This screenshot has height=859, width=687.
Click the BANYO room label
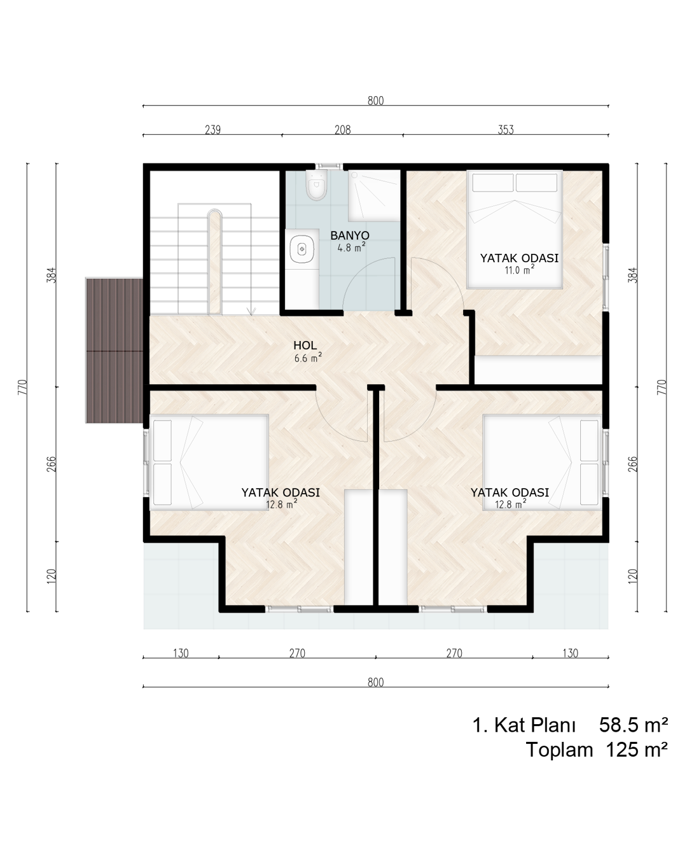tap(350, 235)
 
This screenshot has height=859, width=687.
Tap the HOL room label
tap(305, 346)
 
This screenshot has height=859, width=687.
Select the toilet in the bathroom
tap(317, 185)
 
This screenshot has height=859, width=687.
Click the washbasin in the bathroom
tap(302, 249)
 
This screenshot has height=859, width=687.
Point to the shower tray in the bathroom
tap(374, 195)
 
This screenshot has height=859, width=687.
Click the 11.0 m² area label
tap(519, 270)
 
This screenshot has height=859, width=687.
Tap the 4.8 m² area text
tap(351, 248)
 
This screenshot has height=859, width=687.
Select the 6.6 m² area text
tap(308, 358)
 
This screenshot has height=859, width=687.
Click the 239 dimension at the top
tap(212, 130)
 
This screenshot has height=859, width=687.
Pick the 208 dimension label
tap(342, 130)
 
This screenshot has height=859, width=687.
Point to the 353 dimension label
tap(505, 130)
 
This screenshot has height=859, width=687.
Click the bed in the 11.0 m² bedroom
tap(515, 230)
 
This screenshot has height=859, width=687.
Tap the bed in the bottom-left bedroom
tap(209, 462)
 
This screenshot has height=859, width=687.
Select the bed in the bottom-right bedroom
tap(542, 462)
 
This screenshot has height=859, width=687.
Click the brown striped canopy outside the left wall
tap(114, 351)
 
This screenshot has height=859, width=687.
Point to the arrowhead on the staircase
tap(251, 311)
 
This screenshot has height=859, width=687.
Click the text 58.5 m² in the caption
tap(633, 725)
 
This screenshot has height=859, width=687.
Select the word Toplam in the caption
tap(559, 750)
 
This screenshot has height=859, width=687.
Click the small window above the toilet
tap(329, 165)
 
